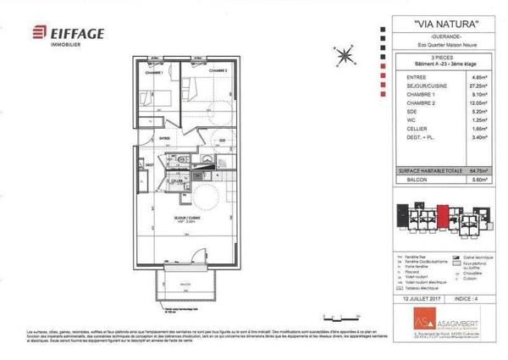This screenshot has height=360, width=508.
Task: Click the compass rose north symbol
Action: pyautogui.click(x=344, y=56)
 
